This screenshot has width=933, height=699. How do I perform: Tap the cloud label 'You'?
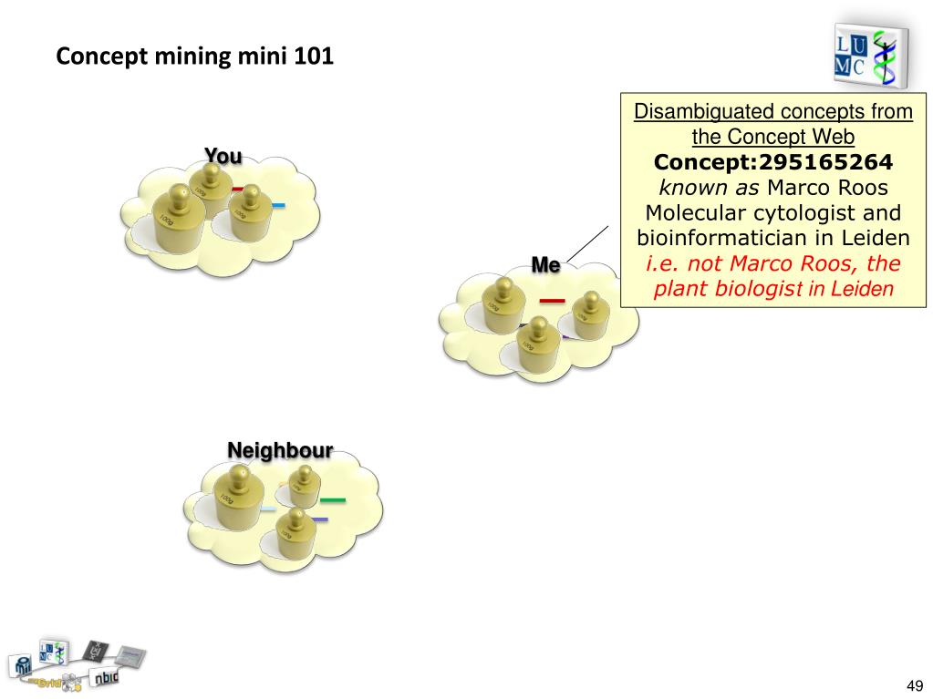[223, 156]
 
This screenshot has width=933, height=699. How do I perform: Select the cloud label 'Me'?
[545, 265]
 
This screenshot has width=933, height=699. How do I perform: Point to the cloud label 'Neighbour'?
[280, 449]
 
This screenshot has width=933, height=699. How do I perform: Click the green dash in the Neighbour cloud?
[332, 499]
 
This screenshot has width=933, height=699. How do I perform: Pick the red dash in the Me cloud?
[552, 300]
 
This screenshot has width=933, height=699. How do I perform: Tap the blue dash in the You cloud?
[277, 205]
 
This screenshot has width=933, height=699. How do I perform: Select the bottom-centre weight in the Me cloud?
[538, 346]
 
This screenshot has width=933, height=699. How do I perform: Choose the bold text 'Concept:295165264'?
[772, 162]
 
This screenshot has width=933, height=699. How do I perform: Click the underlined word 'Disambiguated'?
[699, 112]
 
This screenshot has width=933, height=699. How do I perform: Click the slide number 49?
[915, 684]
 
